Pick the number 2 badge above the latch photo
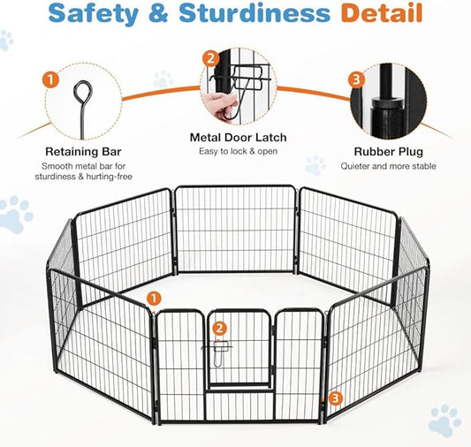(210, 58)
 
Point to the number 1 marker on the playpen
(154, 299)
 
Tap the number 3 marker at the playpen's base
(334, 398)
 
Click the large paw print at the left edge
(14, 215)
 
